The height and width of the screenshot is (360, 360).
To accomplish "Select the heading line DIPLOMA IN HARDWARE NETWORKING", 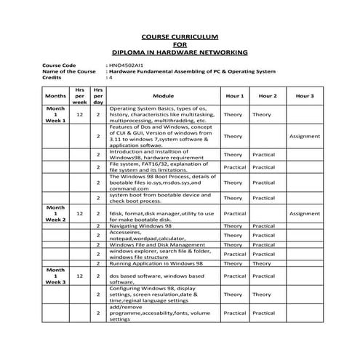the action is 180,52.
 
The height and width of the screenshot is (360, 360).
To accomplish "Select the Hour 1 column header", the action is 234,95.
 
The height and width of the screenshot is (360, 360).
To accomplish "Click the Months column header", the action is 55,95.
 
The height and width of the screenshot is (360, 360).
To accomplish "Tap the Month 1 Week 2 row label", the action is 55,214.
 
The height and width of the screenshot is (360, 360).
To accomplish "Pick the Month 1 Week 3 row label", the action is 55,276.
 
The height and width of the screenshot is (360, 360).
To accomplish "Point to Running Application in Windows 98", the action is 161,263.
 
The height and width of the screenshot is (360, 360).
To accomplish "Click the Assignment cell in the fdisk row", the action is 304,214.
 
